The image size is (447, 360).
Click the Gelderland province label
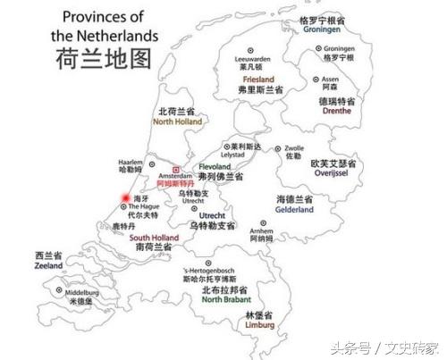294,211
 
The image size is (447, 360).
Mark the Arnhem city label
261,230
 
